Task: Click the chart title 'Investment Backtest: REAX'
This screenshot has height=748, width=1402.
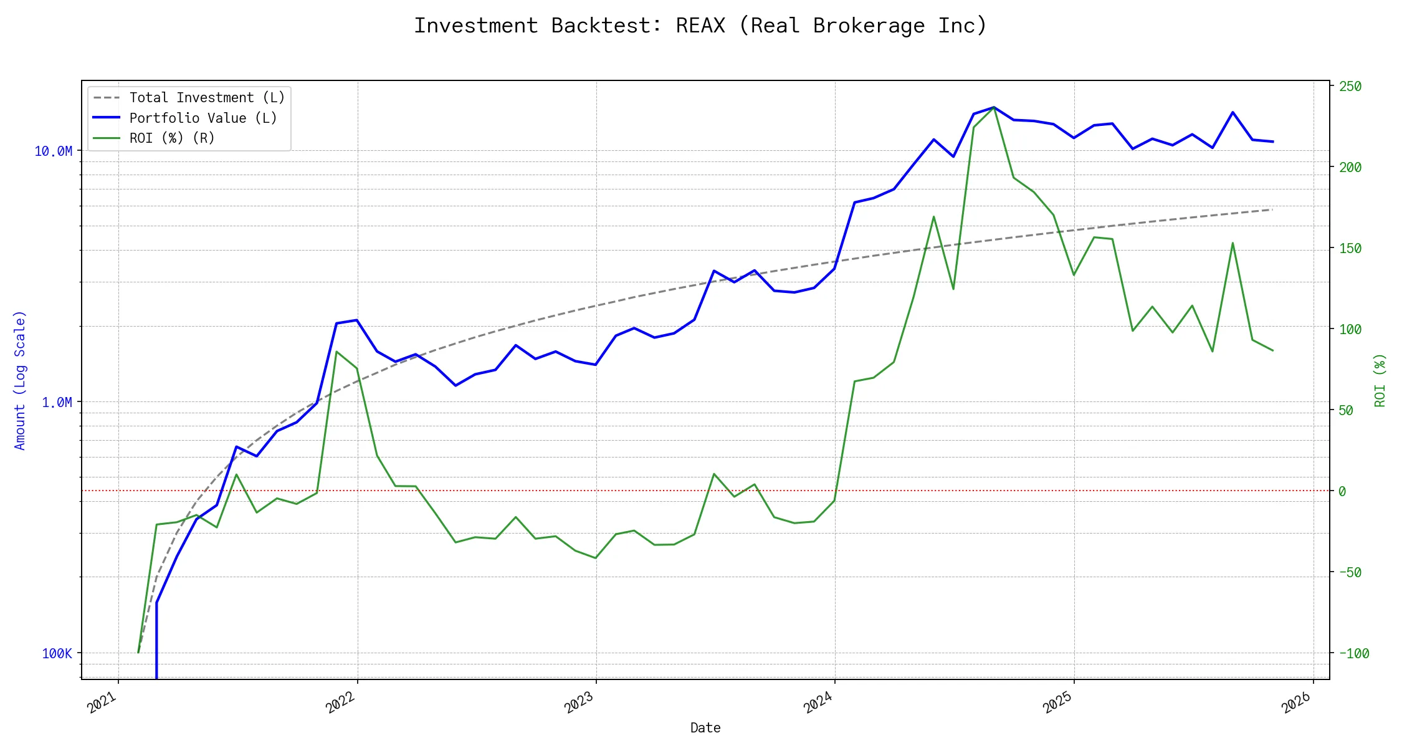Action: click(x=700, y=26)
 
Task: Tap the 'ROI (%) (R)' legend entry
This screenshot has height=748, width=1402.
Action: click(x=172, y=138)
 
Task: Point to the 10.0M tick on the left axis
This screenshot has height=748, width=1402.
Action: click(x=54, y=151)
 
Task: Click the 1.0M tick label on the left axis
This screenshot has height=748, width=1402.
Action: click(x=57, y=403)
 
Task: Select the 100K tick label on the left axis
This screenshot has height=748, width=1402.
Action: click(x=57, y=654)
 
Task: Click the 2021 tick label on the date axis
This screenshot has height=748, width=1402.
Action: click(x=102, y=703)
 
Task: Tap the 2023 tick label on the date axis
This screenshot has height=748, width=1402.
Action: click(x=579, y=703)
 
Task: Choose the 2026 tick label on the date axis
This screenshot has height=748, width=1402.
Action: click(x=1296, y=703)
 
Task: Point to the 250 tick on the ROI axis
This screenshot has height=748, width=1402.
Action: click(x=1350, y=87)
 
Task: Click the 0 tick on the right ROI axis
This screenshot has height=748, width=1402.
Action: click(x=1342, y=492)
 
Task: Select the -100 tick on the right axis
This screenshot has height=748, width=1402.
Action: click(x=1353, y=654)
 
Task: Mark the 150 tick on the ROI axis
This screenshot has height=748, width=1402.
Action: click(x=1350, y=249)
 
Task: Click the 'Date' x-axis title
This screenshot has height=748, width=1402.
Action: click(x=705, y=728)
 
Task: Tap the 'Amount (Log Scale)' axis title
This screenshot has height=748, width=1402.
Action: click(x=20, y=380)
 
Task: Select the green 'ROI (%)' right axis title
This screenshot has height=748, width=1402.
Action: click(x=1380, y=380)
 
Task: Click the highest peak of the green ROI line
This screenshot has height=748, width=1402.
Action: click(x=994, y=107)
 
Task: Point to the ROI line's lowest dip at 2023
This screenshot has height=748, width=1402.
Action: click(x=596, y=558)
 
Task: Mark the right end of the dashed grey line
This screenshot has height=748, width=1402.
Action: click(x=1272, y=209)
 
